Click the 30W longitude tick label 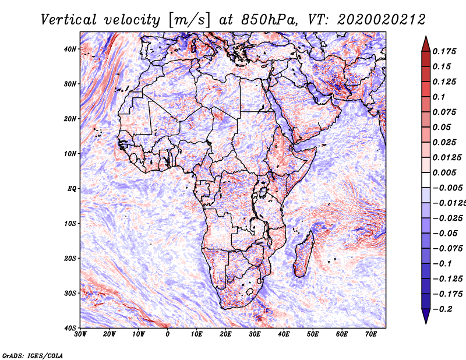(80, 334)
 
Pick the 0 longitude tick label (168, 334)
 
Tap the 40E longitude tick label (284, 334)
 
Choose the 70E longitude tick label (371, 334)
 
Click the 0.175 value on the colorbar (443, 51)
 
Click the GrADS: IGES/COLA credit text (33, 355)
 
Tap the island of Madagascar (304, 255)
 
